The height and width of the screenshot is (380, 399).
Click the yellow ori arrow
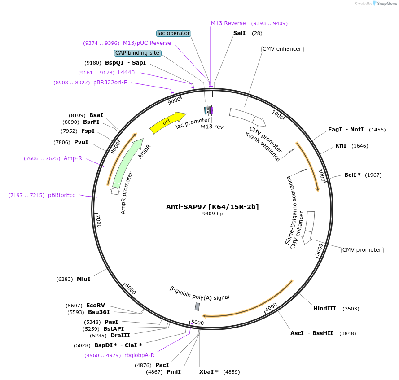click(x=167, y=122)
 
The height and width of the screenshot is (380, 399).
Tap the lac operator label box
click(x=174, y=33)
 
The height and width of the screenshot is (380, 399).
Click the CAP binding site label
click(x=137, y=53)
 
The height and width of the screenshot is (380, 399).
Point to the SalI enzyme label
click(x=239, y=33)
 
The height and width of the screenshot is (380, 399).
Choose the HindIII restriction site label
click(x=324, y=309)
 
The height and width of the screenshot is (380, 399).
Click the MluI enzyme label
click(x=83, y=279)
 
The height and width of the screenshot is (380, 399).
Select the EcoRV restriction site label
click(x=96, y=306)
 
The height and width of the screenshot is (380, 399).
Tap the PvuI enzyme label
click(x=81, y=142)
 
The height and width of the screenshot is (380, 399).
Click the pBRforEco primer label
click(x=62, y=195)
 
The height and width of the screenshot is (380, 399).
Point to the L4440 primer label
click(x=126, y=73)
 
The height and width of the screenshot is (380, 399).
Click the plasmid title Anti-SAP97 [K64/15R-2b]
click(x=212, y=207)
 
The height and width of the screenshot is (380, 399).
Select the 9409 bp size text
click(x=212, y=214)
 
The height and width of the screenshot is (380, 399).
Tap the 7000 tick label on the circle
click(x=99, y=221)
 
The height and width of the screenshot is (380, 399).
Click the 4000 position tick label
click(x=271, y=307)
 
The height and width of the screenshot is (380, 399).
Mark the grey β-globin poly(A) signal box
click(x=197, y=307)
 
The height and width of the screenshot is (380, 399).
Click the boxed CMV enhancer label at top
click(x=282, y=49)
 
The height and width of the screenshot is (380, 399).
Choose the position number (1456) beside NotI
click(x=377, y=130)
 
